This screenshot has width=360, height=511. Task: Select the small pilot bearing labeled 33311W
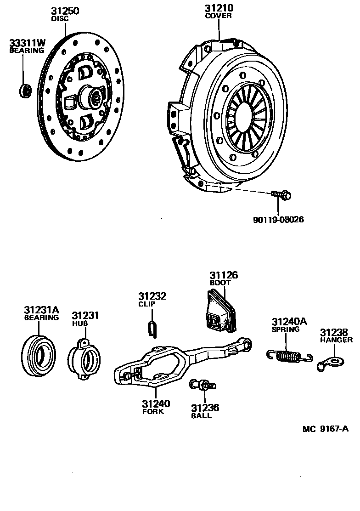[x=25, y=90]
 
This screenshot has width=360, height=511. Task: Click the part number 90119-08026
[x=278, y=220]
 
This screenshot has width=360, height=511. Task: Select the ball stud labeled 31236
[x=202, y=385]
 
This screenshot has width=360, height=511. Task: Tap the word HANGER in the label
[x=337, y=340]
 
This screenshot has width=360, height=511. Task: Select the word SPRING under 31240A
[x=285, y=329]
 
